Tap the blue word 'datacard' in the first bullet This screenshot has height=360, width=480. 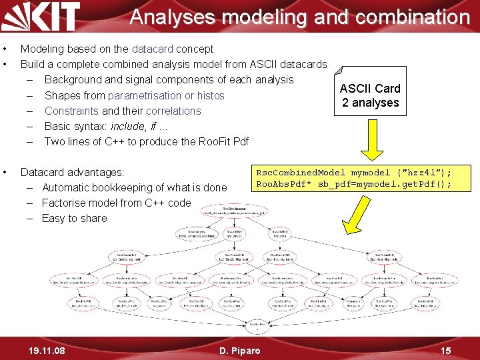pos(152,49)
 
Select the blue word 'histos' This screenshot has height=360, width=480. pos(211,95)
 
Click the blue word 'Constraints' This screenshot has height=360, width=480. pos(71,111)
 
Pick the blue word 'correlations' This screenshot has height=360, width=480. pos(173,111)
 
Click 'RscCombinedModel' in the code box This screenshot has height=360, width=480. pos(301,173)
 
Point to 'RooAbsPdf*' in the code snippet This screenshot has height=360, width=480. pos(281,184)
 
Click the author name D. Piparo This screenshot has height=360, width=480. pos(240,350)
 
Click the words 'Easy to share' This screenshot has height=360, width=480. pos(74,218)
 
